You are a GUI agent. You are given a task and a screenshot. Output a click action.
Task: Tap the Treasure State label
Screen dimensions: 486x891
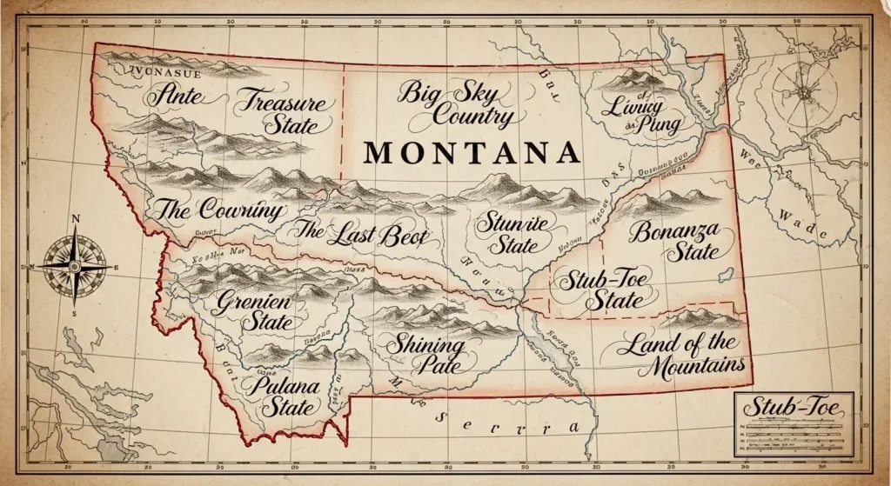[x=283, y=113]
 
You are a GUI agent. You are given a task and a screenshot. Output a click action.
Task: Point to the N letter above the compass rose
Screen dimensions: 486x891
[x=76, y=219]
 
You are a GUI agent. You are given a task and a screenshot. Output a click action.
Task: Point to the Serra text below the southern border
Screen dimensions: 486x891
[x=505, y=424]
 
